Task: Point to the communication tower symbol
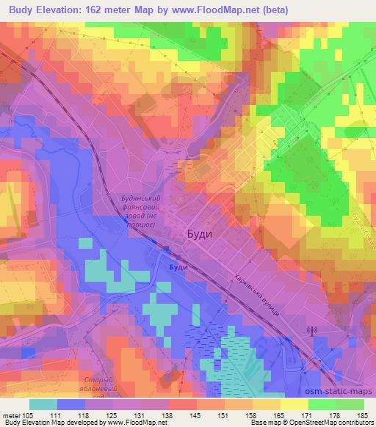coord(311,332)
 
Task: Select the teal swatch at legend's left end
coord(43,404)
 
